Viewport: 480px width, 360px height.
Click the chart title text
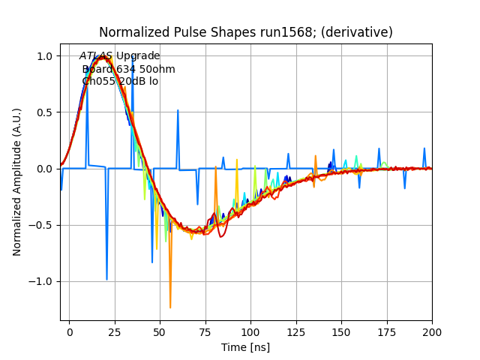click(x=245, y=33)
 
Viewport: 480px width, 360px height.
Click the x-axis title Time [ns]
click(x=245, y=347)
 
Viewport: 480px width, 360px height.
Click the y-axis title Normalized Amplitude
click(x=17, y=187)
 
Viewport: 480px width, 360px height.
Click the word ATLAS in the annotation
click(x=96, y=56)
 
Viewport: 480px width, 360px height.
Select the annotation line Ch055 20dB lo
click(x=120, y=81)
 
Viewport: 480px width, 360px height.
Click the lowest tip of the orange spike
click(x=170, y=307)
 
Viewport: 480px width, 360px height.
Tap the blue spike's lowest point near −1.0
click(x=106, y=280)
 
